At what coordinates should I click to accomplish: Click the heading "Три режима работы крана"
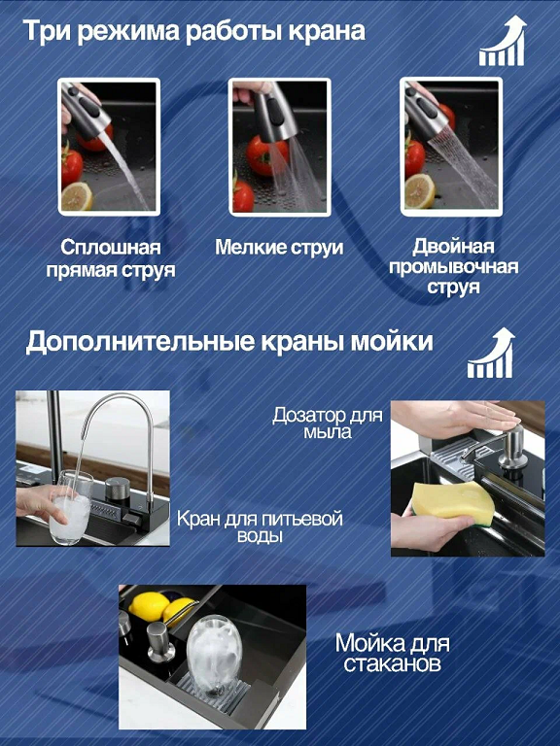click(x=193, y=31)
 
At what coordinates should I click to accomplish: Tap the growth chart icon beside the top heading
click(x=502, y=42)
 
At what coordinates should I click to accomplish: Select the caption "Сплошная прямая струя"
click(x=111, y=258)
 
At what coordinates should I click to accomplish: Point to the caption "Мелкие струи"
click(x=279, y=247)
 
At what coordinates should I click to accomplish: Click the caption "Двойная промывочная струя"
click(x=453, y=267)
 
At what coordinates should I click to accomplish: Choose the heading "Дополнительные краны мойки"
click(x=229, y=342)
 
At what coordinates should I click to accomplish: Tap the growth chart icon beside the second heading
click(x=491, y=354)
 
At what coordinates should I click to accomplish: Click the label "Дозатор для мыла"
click(x=328, y=423)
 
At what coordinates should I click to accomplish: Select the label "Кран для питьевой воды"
click(x=260, y=527)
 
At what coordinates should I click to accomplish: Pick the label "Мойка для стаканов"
click(x=393, y=653)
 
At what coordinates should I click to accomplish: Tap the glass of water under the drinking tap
click(x=70, y=508)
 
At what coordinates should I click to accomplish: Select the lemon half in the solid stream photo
click(x=77, y=195)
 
